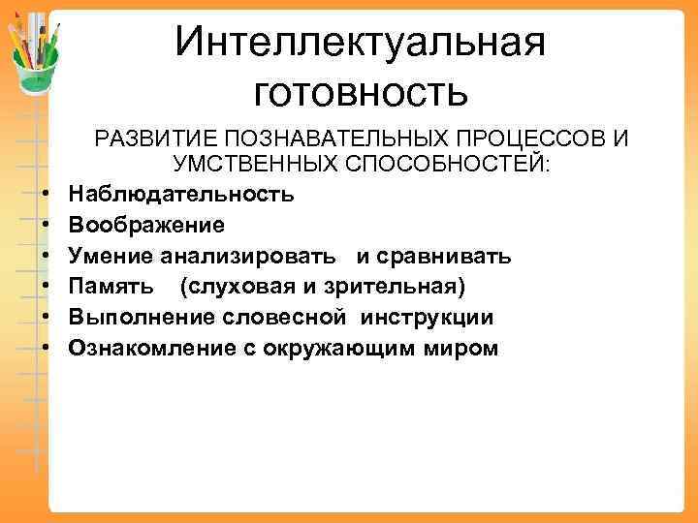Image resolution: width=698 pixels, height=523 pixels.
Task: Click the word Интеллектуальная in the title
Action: tap(361, 42)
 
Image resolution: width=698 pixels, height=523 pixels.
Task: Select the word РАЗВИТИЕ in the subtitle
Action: tap(147, 139)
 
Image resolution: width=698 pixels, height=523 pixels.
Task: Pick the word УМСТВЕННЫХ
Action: tap(254, 166)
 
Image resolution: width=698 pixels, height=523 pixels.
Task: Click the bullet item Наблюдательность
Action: tap(181, 194)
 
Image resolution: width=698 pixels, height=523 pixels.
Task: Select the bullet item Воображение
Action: tap(146, 225)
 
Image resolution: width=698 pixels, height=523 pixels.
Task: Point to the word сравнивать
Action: tap(449, 256)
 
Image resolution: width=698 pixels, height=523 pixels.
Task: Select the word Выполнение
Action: tap(138, 318)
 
